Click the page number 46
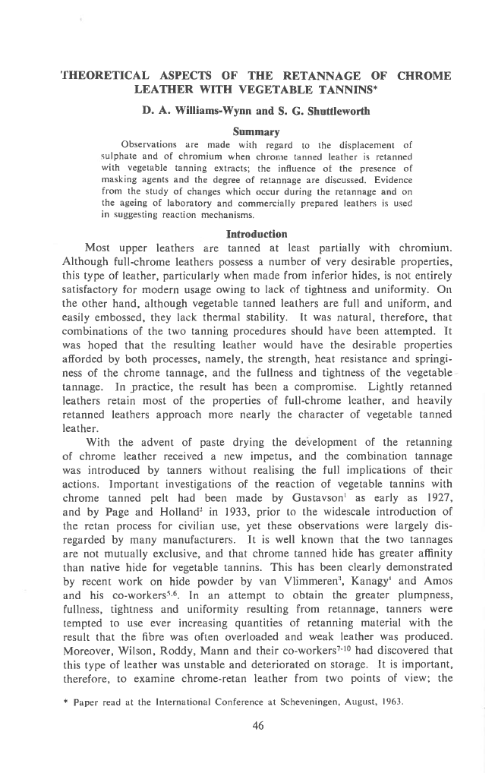coord(257,726)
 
